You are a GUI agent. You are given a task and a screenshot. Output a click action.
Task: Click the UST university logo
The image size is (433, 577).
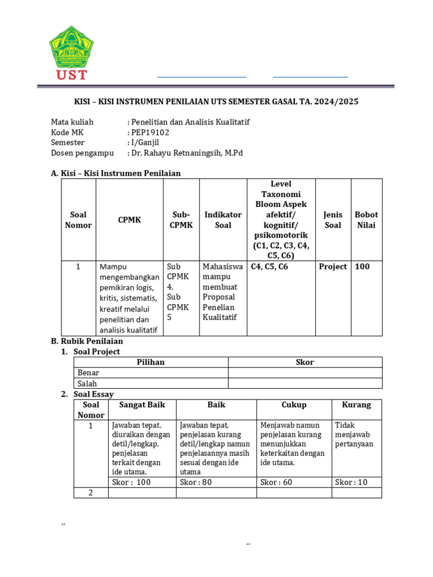(x=71, y=52)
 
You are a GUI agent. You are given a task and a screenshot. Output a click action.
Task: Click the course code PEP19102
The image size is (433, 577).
(x=150, y=132)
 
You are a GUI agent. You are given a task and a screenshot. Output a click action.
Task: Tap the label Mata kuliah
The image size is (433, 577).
(x=72, y=122)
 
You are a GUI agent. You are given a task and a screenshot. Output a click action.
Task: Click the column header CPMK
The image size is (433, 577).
(x=130, y=220)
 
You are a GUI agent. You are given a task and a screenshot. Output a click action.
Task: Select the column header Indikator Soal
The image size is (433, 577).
(x=223, y=220)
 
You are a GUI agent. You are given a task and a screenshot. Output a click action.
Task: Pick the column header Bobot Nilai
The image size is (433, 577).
(x=366, y=220)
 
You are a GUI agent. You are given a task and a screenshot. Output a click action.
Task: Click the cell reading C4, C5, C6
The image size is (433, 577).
(x=269, y=267)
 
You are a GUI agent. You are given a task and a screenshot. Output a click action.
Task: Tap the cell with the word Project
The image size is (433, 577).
(x=333, y=267)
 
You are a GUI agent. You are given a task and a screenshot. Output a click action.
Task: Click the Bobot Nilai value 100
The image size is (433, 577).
(x=363, y=267)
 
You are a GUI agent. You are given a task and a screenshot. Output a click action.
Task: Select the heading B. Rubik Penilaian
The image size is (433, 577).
(x=87, y=341)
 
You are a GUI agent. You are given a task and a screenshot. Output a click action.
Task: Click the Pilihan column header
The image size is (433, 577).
(x=151, y=362)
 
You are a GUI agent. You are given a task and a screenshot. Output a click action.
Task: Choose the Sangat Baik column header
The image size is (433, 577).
(x=142, y=405)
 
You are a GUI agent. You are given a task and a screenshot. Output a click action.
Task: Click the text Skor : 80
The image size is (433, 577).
(x=196, y=482)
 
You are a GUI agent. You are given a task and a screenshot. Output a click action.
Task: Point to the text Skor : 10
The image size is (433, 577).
(x=351, y=482)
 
